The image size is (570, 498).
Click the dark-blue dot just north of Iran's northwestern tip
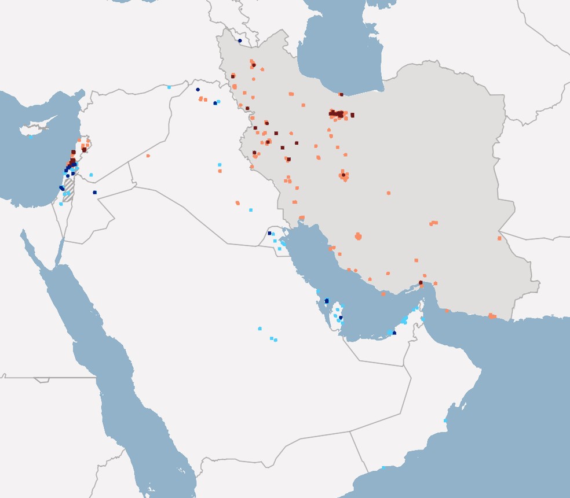[x=240, y=40]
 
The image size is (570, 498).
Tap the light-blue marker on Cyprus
[x=31, y=137]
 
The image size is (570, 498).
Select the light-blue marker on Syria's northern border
[x=169, y=87]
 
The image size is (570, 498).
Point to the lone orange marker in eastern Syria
[x=148, y=156]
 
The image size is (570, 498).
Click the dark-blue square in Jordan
[x=94, y=192]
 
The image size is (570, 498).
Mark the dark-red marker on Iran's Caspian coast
[x=341, y=94]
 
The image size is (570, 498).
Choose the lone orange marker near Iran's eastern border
[x=499, y=238]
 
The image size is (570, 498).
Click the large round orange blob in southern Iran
[x=358, y=236]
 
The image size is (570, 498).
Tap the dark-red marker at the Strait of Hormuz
[x=421, y=283]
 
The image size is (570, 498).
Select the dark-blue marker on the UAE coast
[x=394, y=333]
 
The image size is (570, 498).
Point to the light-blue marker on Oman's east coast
[x=445, y=420]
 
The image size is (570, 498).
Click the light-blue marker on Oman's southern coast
[x=383, y=467]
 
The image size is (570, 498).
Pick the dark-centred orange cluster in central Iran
[x=344, y=175]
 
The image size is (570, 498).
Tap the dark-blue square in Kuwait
[x=269, y=233]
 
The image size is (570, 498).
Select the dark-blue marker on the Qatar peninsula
[x=341, y=317]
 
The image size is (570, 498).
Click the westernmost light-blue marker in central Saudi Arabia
[x=260, y=329]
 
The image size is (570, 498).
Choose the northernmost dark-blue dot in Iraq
[x=198, y=90]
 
